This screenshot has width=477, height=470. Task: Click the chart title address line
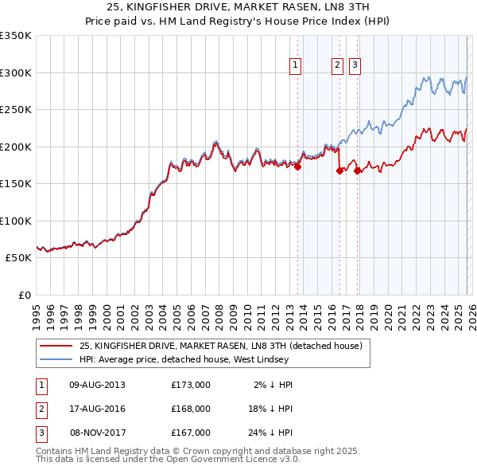(x=238, y=7)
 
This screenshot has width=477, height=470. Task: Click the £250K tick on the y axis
(x=16, y=110)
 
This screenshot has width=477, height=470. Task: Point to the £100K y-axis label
(x=16, y=221)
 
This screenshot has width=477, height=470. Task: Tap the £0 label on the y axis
(x=24, y=295)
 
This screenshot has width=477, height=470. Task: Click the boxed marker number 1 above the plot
(x=296, y=66)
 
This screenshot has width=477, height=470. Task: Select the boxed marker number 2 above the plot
(x=338, y=66)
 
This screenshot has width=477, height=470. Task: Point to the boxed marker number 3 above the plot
(x=355, y=66)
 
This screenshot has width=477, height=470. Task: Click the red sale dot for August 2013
(x=297, y=167)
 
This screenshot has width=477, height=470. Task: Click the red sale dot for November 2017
(x=357, y=170)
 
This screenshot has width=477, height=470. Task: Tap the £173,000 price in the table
(x=191, y=385)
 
